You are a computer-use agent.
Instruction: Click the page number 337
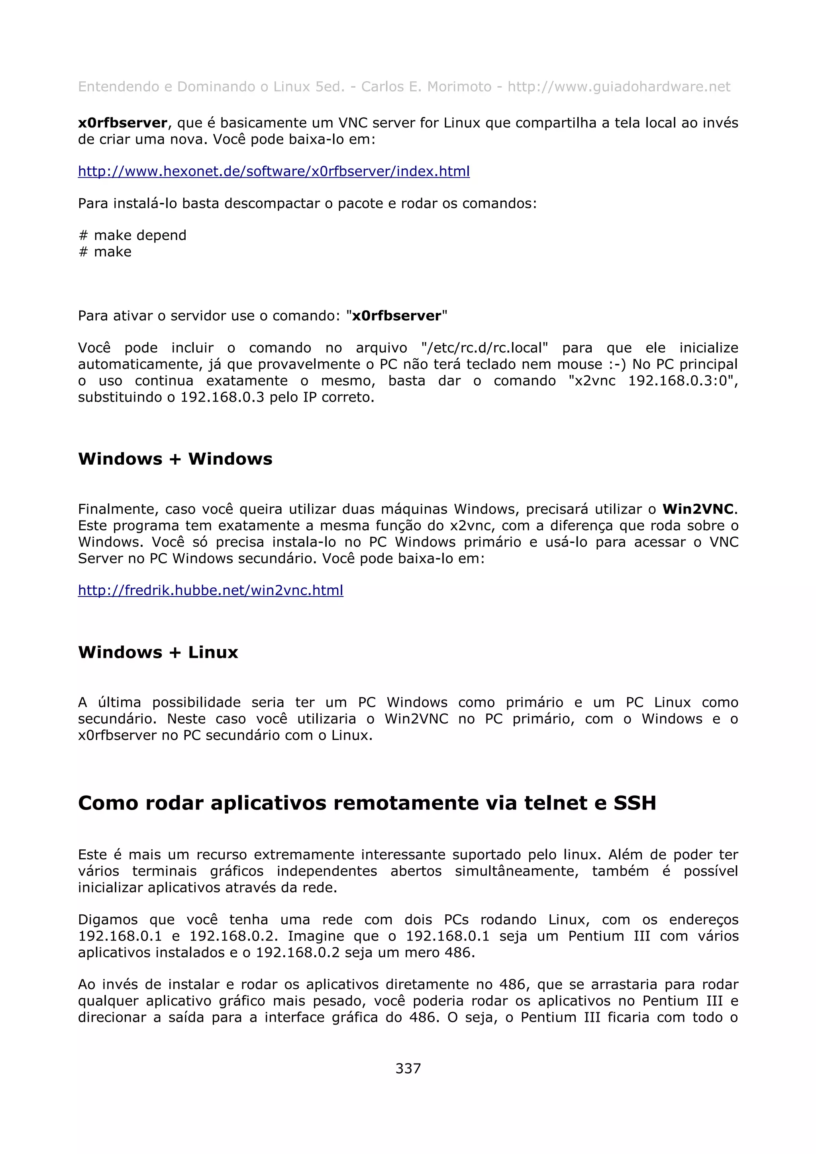point(408,1068)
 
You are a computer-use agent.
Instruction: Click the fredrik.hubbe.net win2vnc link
point(210,590)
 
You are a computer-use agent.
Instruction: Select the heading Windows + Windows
point(175,459)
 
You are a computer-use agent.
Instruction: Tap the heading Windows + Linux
point(158,652)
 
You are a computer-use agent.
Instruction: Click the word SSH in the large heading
point(634,803)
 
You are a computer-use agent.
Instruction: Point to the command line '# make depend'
point(133,235)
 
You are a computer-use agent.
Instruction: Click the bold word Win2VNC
point(698,509)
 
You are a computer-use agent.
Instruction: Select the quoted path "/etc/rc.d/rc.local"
point(484,348)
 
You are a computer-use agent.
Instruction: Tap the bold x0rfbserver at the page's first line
point(122,123)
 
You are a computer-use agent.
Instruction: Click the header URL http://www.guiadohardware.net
point(618,87)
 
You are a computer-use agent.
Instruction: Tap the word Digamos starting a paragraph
point(108,920)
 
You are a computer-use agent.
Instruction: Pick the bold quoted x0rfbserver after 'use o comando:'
point(396,316)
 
